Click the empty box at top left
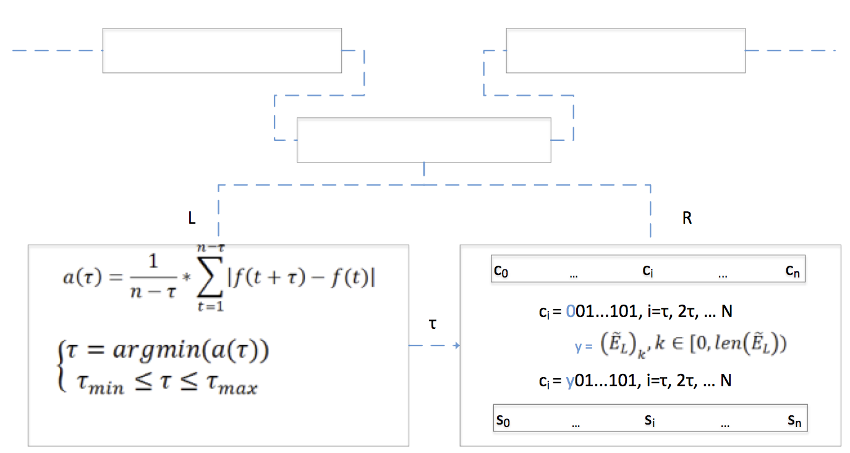click(222, 51)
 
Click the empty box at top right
click(625, 51)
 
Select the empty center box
click(423, 140)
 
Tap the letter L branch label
click(192, 219)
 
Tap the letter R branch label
click(686, 219)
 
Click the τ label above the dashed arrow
click(433, 323)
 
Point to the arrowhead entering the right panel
click(457, 345)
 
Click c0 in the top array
click(501, 270)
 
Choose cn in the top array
click(794, 270)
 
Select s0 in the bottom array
click(503, 420)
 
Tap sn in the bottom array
click(795, 420)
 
